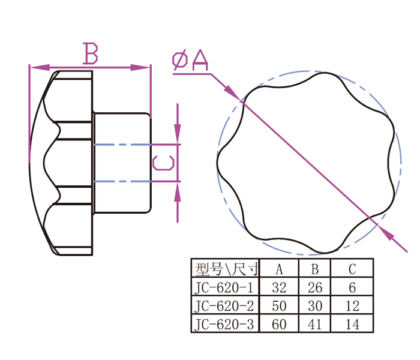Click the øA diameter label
click(190, 61)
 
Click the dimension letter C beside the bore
click(163, 163)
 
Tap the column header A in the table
click(279, 268)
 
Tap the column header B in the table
click(316, 268)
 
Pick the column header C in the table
click(353, 268)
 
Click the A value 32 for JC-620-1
click(279, 287)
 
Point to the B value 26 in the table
click(316, 287)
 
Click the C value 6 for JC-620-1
click(353, 287)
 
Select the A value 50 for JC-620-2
click(279, 306)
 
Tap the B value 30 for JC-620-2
click(316, 306)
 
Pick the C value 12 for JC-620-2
click(353, 306)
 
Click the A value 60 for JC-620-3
click(279, 325)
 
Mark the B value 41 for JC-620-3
click(316, 325)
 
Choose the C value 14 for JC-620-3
click(353, 325)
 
